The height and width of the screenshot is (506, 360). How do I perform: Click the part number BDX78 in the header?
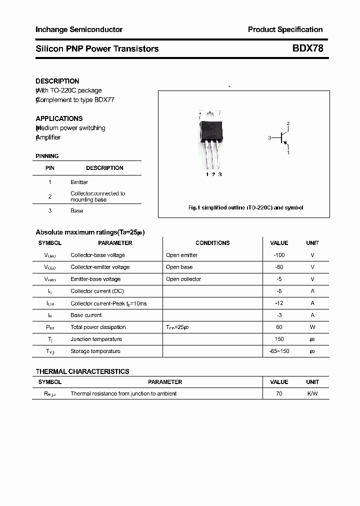coord(308,48)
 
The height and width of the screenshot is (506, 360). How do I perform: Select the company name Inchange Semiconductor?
coord(79,29)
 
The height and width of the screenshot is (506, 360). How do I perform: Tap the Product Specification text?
coord(285,29)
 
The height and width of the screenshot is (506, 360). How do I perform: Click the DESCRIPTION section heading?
coord(57,81)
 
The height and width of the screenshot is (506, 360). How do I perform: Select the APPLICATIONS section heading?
coord(59,118)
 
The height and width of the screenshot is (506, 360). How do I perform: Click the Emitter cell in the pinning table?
coord(79,182)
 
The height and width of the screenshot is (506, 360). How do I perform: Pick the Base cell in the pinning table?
coord(77,211)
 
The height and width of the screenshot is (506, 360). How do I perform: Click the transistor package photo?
coord(211,139)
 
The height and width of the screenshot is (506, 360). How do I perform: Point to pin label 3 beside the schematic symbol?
coord(269,137)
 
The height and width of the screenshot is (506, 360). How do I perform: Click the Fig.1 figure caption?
coord(245,207)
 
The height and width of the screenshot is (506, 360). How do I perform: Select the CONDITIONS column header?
coord(212,243)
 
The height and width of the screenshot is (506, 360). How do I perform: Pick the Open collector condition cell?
coord(183,279)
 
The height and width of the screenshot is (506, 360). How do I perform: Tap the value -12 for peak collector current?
coord(279,303)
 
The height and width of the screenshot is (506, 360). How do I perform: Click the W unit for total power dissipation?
coord(312,327)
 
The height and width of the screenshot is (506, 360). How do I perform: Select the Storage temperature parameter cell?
coord(95,351)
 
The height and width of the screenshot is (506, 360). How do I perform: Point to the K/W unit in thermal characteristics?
coord(312,393)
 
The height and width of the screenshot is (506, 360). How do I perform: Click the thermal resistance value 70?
coord(279,393)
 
